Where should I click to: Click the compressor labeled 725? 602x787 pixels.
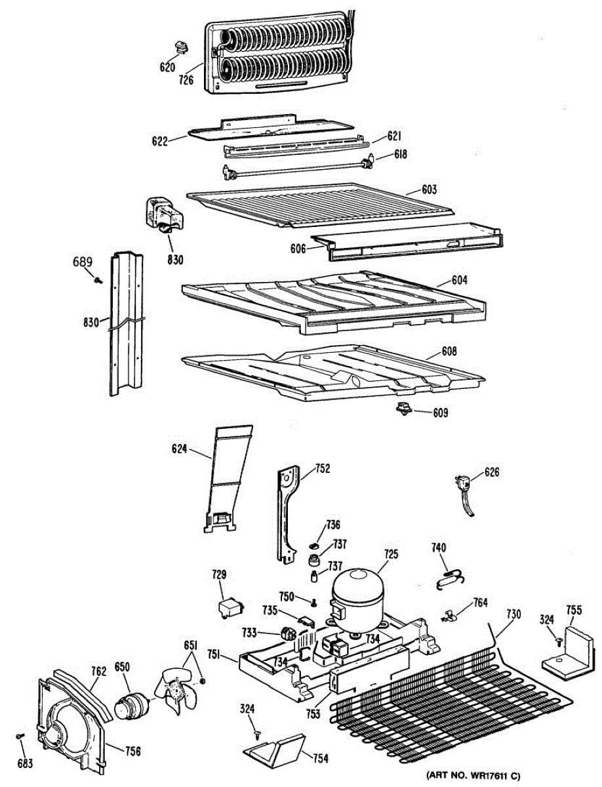pyautogui.click(x=357, y=597)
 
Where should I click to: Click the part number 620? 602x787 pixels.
pyautogui.click(x=167, y=67)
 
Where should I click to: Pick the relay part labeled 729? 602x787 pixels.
pyautogui.click(x=230, y=607)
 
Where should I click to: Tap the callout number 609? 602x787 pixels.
pyautogui.click(x=441, y=413)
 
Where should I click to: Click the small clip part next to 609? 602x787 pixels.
pyautogui.click(x=402, y=409)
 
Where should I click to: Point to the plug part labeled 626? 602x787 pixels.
pyautogui.click(x=466, y=489)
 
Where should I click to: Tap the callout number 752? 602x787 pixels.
pyautogui.click(x=322, y=468)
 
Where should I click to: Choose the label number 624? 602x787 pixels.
pyautogui.click(x=180, y=449)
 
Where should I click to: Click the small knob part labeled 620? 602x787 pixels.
pyautogui.click(x=180, y=47)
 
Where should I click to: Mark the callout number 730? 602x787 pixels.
pyautogui.click(x=513, y=614)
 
